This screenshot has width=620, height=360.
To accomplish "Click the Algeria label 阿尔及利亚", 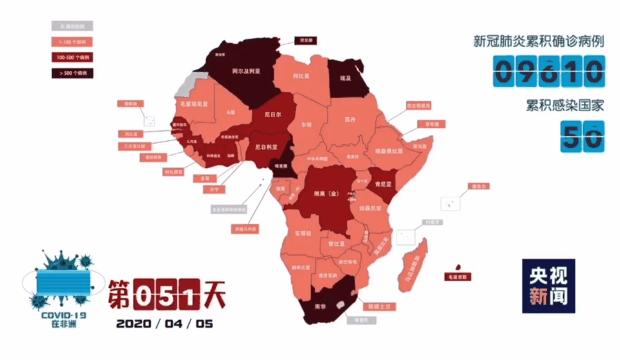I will pos(245,72).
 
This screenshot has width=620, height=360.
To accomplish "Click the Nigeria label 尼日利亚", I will pos(269,147).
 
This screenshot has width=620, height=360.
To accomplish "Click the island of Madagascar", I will pos(410,268).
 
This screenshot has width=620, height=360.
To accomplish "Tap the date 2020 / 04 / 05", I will pos(165,323).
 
